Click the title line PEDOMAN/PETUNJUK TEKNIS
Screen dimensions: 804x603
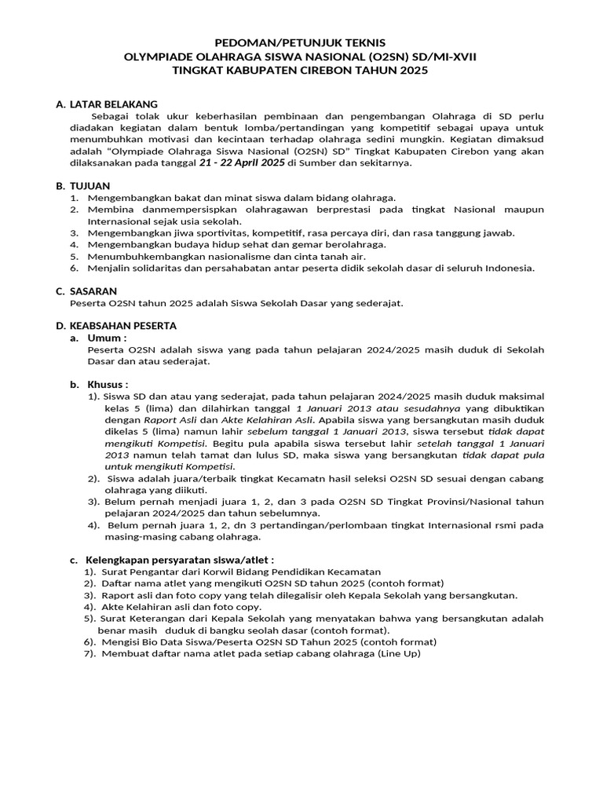(x=301, y=43)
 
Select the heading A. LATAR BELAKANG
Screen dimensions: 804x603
(x=107, y=104)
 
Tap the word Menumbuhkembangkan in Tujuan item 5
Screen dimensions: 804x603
(x=141, y=256)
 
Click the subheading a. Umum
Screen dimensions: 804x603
(x=100, y=337)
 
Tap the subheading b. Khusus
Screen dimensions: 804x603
(x=100, y=384)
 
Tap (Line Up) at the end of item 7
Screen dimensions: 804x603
(x=399, y=653)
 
